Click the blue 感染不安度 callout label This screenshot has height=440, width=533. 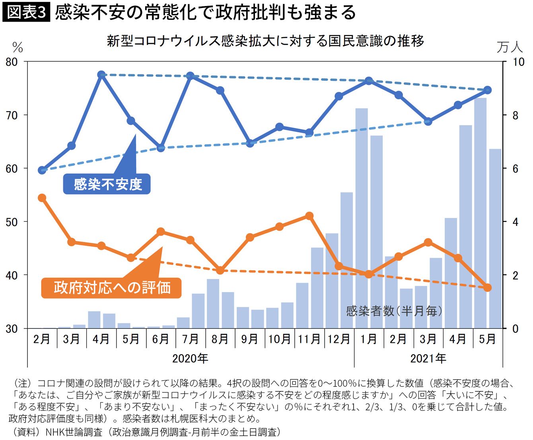pos(107,184)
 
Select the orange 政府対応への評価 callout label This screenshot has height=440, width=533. pos(112,287)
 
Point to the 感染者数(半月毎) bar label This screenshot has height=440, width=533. pos(394,310)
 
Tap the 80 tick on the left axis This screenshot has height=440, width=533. pos(12,62)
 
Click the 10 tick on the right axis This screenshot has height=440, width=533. pos(519,62)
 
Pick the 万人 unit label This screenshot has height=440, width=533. pos(510,47)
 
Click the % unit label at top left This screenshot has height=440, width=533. pos(17,48)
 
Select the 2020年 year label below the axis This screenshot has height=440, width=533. pos(190,358)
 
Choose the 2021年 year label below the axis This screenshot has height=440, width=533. pos(428,358)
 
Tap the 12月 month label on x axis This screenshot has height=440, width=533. pos(339,339)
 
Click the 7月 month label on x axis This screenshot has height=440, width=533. pos(190,339)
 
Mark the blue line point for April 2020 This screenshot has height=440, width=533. pos(101,75)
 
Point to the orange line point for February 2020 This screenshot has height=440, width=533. pos(42,198)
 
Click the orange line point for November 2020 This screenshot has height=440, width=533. pos(309,216)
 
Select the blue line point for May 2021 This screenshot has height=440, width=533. pos(488,90)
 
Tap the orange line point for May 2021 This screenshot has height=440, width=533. pos(488,287)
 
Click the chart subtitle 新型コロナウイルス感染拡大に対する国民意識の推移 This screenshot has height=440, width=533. pos(265,41)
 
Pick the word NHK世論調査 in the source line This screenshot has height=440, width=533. pos(74,432)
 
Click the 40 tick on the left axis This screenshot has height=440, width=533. pos(12,275)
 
